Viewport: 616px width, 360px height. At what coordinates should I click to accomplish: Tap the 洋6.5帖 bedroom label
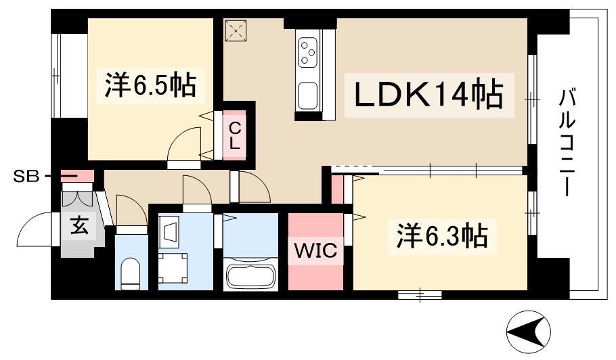[x=150, y=87]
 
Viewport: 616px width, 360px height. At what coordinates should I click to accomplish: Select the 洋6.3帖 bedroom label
[x=442, y=237]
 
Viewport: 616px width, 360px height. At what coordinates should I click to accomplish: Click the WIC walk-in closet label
[x=315, y=252]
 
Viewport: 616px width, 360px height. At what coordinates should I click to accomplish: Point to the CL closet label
[x=234, y=135]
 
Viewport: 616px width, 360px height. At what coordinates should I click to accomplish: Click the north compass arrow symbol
[x=529, y=331]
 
